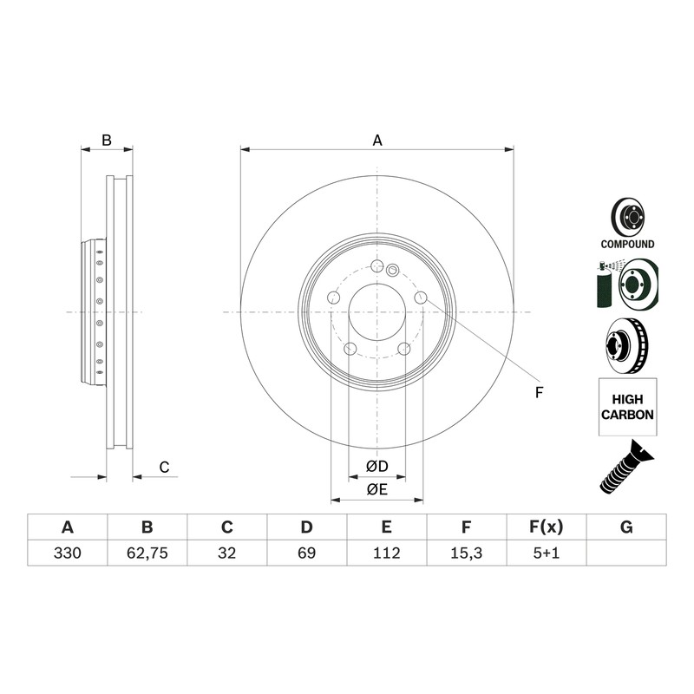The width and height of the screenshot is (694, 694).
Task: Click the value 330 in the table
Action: [x=68, y=553]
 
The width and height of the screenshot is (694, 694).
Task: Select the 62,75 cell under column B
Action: [x=147, y=553]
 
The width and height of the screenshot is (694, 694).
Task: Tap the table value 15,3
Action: [x=466, y=553]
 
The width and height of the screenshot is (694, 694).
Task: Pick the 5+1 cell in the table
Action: [x=547, y=553]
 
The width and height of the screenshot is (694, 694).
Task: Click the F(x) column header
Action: [x=547, y=527]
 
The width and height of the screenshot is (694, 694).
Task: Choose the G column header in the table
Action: [x=626, y=527]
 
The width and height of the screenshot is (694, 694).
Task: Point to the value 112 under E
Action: [x=386, y=553]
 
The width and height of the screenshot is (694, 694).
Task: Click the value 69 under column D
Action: [x=307, y=553]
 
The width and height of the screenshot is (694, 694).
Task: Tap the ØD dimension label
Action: [x=377, y=466]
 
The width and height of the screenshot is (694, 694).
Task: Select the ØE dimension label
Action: [x=377, y=489]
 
